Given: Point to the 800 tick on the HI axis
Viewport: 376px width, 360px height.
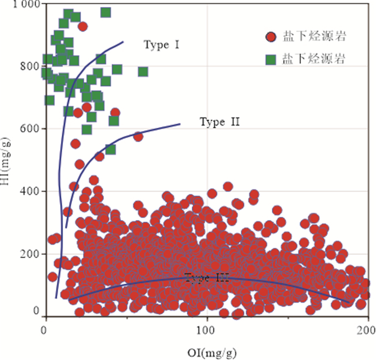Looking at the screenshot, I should tap(31, 67).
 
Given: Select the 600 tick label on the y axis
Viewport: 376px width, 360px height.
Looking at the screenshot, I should tap(31, 129).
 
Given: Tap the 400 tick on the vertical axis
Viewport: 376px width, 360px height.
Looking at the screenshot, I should tap(31, 191).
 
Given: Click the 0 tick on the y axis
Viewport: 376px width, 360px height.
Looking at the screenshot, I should tap(37, 311).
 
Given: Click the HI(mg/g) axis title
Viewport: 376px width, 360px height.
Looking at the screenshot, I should tap(7, 160).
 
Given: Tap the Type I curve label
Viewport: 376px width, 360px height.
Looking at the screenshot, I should tap(161, 45).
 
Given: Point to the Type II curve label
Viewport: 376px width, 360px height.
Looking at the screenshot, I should tap(219, 122).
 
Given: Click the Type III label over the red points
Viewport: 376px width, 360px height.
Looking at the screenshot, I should tap(207, 277).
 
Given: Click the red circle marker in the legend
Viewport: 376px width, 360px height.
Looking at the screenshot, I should tap(271, 37).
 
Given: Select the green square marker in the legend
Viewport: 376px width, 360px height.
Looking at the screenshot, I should tap(271, 59).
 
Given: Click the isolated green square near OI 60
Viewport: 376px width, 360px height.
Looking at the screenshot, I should tap(143, 72).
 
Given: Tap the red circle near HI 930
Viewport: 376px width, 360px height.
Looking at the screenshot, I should tap(82, 26).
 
